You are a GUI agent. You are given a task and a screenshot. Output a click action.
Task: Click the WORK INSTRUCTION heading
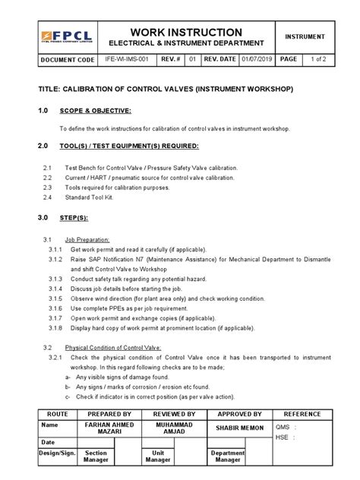click(x=186, y=31)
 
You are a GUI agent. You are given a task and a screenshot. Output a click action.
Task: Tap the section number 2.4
click(x=47, y=197)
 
